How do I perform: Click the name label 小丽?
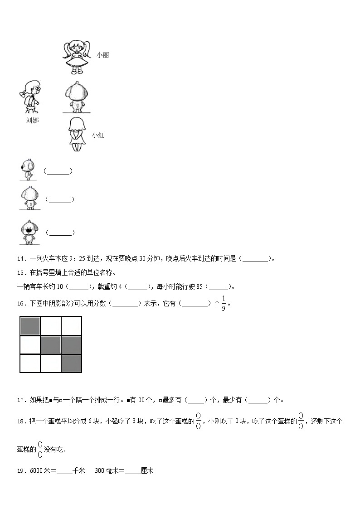click(x=102, y=55)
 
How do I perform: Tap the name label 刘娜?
click(x=32, y=121)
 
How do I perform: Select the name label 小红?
click(x=98, y=135)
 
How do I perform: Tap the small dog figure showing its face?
click(x=29, y=232)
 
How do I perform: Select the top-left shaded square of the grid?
click(x=30, y=326)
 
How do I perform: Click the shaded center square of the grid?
click(x=51, y=345)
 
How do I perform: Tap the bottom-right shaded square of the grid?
click(x=71, y=364)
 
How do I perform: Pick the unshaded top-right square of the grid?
click(x=71, y=326)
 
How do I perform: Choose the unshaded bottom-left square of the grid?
click(x=30, y=364)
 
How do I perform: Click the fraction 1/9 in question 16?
click(x=223, y=303)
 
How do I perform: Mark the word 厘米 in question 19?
click(x=147, y=471)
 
